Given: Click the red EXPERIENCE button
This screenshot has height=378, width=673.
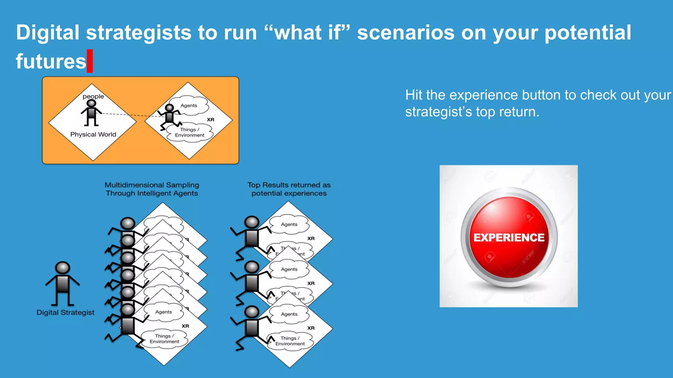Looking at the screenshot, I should click(x=509, y=237).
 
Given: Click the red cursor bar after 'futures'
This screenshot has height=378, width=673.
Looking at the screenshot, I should click(x=90, y=61).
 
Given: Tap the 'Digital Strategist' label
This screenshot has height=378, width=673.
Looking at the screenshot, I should click(x=65, y=312).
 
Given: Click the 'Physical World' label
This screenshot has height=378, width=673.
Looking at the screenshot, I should click(x=93, y=135).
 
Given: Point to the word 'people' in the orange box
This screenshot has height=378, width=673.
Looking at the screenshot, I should click(x=93, y=96).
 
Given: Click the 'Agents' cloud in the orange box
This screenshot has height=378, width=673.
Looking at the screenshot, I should click(x=189, y=106).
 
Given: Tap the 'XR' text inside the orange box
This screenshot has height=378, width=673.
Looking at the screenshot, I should click(x=211, y=120).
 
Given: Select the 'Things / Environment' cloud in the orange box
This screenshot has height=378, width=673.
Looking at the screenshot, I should click(x=190, y=133).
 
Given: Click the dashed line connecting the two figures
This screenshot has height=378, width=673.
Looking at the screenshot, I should click(x=131, y=115).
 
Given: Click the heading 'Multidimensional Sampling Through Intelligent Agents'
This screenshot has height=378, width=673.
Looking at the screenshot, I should click(x=152, y=189).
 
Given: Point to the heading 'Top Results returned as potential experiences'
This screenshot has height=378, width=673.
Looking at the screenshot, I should click(x=289, y=189).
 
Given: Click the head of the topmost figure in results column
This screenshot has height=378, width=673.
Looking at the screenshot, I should click(x=252, y=222).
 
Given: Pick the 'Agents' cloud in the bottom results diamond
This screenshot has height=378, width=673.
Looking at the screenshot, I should click(x=289, y=314).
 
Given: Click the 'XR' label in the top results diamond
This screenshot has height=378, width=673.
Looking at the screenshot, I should click(x=311, y=239).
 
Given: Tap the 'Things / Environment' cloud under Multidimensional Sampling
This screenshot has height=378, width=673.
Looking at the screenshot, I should click(x=164, y=339).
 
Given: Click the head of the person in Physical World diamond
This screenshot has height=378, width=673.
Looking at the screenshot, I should click(x=91, y=104).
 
